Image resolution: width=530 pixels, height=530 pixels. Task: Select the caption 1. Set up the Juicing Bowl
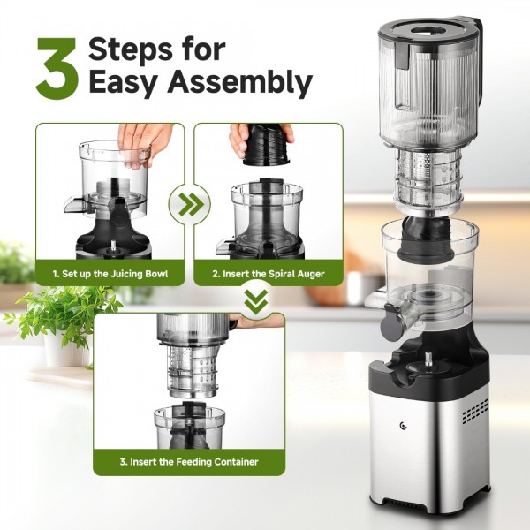click(110, 274)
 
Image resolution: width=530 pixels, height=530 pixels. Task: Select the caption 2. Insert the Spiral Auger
click(268, 274)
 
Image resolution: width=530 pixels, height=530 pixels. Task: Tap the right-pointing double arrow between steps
click(189, 206)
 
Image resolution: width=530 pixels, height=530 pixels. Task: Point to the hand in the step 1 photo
click(146, 137)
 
